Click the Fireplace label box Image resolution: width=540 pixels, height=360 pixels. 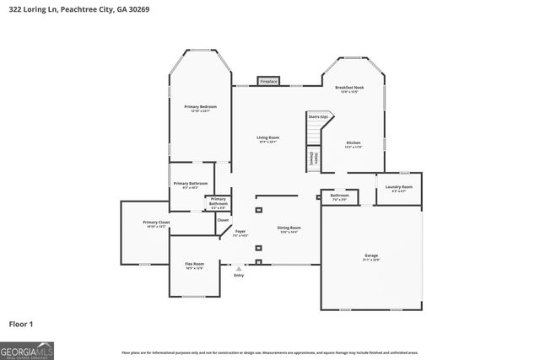[268, 82]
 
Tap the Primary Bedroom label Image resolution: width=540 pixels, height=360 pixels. [200, 108]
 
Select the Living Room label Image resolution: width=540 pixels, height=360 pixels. [268, 139]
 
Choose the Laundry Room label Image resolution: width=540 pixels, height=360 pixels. [399, 188]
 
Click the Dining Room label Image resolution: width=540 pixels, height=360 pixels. [289, 229]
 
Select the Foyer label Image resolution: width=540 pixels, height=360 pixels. [240, 233]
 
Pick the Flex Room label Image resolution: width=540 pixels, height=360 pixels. [194, 266]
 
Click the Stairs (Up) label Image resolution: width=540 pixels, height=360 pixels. [317, 116]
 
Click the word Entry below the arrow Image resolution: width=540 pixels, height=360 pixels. [239, 276]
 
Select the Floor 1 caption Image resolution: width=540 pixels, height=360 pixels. [21, 323]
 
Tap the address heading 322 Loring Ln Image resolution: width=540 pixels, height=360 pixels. [63, 8]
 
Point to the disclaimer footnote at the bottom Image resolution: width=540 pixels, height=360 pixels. [269, 352]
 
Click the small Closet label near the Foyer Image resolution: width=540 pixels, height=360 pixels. [223, 220]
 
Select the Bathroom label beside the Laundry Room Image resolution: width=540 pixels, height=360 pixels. [339, 196]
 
